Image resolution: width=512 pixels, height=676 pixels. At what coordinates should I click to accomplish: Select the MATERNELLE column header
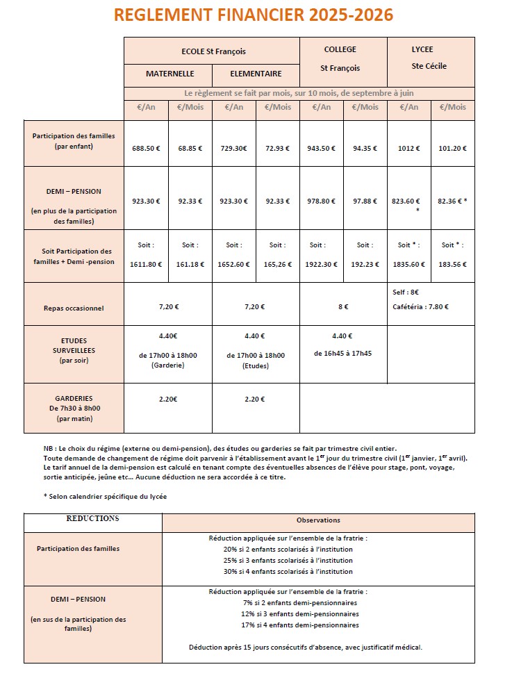pyautogui.click(x=170, y=74)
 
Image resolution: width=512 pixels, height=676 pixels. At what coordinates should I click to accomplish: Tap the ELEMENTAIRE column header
pyautogui.click(x=256, y=74)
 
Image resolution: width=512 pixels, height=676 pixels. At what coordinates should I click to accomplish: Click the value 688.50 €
pyautogui.click(x=146, y=148)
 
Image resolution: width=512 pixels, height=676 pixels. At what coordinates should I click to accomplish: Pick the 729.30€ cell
pyautogui.click(x=233, y=148)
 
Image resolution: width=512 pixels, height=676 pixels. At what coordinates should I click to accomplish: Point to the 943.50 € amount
pyautogui.click(x=321, y=148)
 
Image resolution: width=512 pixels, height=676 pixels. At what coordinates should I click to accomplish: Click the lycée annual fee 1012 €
pyautogui.click(x=408, y=148)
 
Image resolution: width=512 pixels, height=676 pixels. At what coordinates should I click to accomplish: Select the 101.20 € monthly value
pyautogui.click(x=452, y=148)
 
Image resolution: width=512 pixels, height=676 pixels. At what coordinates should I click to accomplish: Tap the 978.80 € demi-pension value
pyautogui.click(x=321, y=201)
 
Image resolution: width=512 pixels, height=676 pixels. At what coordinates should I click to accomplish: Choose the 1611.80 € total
pyautogui.click(x=146, y=265)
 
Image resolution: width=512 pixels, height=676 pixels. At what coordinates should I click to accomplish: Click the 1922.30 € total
pyautogui.click(x=321, y=265)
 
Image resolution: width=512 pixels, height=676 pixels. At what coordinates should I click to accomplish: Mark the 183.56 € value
pyautogui.click(x=452, y=265)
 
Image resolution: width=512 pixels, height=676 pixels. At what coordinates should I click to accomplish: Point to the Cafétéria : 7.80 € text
pyautogui.click(x=421, y=306)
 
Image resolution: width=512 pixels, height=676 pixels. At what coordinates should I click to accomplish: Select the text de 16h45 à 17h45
pyautogui.click(x=342, y=353)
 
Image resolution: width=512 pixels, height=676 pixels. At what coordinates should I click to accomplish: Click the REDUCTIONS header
pyautogui.click(x=92, y=519)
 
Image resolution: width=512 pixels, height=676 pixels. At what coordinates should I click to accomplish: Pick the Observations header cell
pyautogui.click(x=318, y=520)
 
